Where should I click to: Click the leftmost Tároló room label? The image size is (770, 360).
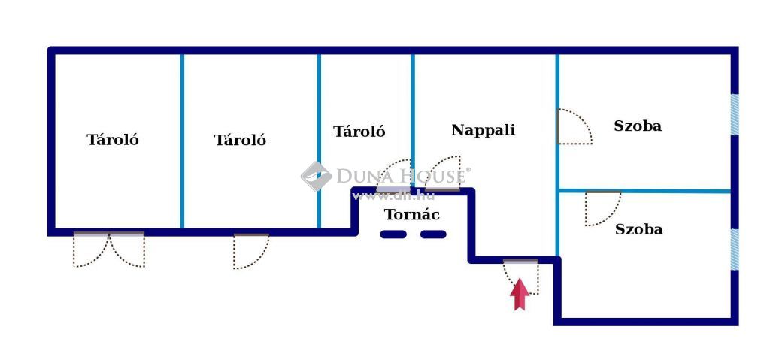click(x=113, y=140)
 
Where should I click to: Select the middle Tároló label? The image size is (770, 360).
click(x=240, y=140)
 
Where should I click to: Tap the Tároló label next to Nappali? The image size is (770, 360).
click(x=359, y=131)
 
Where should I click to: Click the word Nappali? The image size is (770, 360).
click(x=484, y=130)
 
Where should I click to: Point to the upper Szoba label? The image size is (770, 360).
click(x=638, y=126)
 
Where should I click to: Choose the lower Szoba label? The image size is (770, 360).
click(x=639, y=229)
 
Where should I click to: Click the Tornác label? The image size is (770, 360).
click(x=411, y=215)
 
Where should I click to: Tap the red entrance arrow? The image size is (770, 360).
click(x=519, y=294)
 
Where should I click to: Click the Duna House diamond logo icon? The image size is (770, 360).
click(x=317, y=177)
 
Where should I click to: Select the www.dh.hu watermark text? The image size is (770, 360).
click(x=394, y=196)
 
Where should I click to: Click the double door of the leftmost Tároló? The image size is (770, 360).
click(x=109, y=249)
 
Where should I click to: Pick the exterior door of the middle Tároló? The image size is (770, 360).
click(x=251, y=251)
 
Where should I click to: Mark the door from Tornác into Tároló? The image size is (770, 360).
click(x=394, y=175)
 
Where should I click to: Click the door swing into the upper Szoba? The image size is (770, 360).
click(x=575, y=127)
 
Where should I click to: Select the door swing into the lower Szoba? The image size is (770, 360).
click(x=603, y=208)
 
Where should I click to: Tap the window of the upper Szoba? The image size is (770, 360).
click(x=735, y=114)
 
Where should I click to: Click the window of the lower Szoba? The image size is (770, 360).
click(x=735, y=250)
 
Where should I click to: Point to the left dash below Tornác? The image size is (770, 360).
click(x=393, y=234)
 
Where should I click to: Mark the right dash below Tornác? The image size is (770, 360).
click(x=433, y=234)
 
